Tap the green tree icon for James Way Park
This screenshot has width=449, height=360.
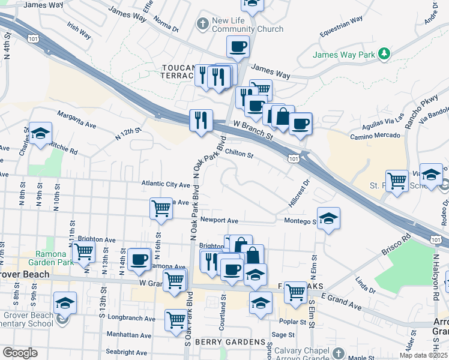384,55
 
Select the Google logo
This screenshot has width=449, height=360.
19,353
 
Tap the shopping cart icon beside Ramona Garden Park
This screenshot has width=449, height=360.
83,251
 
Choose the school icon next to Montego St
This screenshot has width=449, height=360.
328,219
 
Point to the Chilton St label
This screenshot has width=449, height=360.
240,154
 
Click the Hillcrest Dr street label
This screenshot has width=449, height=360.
298,193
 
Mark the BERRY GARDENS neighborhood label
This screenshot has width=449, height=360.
231,341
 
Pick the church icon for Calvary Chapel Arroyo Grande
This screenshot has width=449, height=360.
339,353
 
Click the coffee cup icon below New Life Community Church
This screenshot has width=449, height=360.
238,47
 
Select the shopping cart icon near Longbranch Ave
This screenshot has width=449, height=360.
175,320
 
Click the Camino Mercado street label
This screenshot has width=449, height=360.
376,136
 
